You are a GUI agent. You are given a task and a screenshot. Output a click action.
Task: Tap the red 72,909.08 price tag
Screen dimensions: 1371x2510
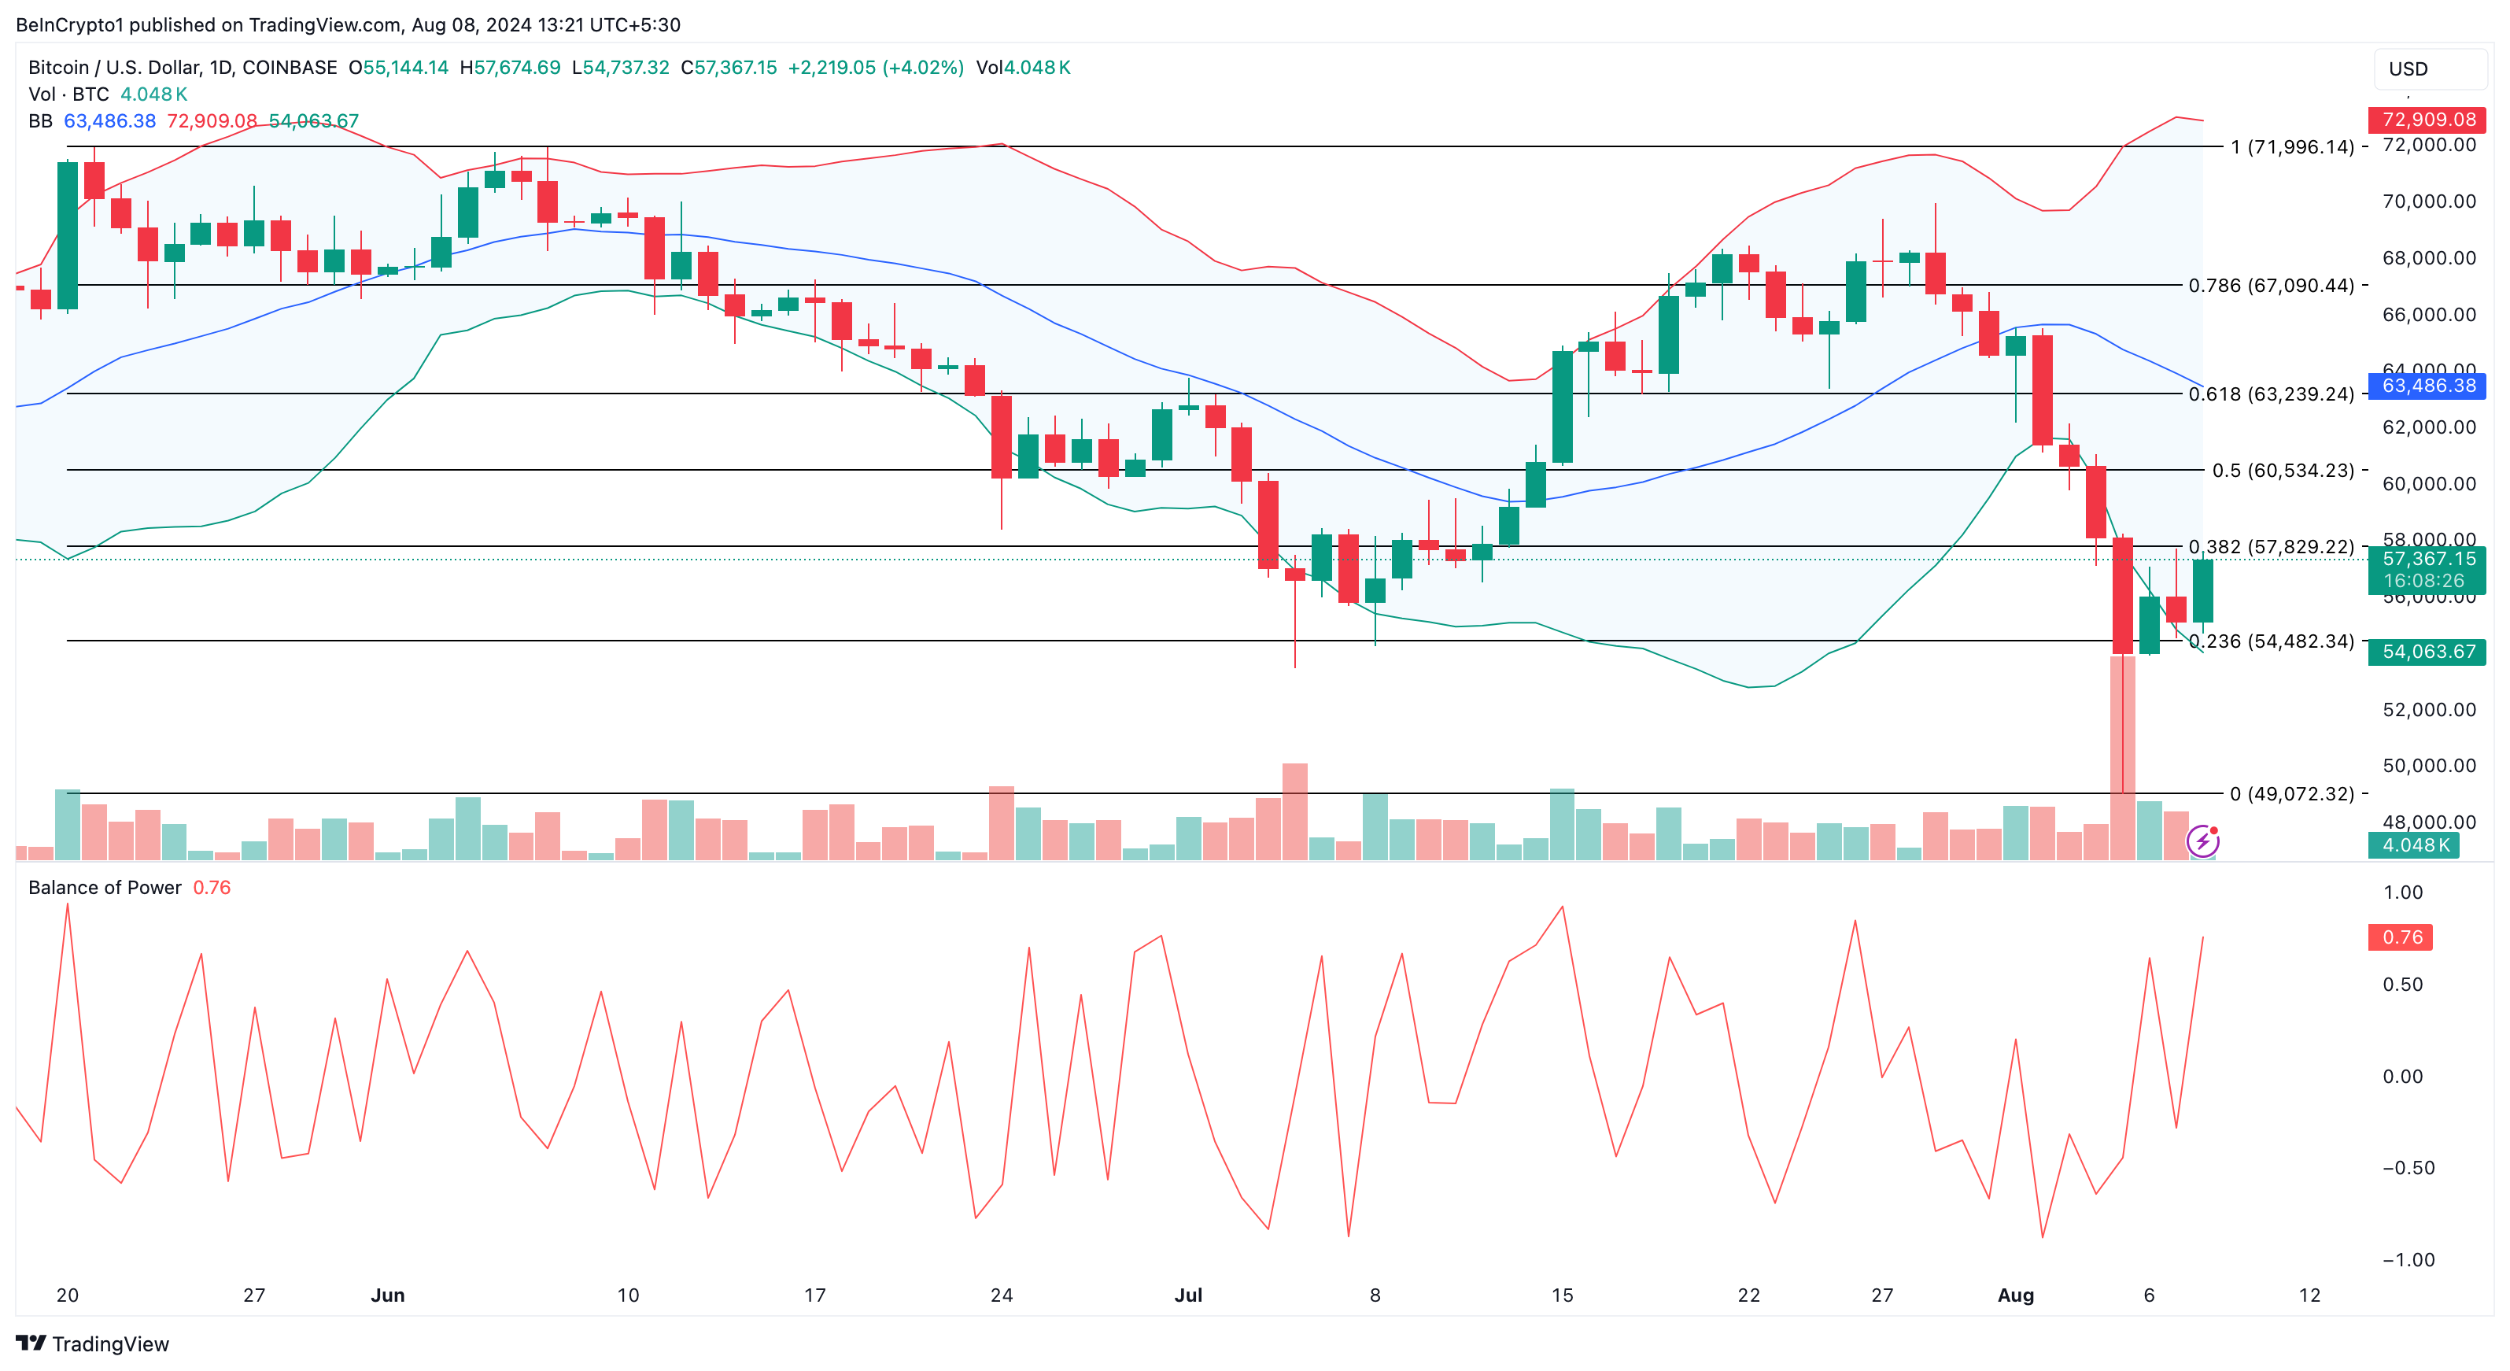2427,120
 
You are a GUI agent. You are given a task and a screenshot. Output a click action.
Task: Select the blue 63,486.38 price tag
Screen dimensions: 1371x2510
2427,386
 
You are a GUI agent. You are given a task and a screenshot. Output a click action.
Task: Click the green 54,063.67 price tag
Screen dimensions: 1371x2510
2427,651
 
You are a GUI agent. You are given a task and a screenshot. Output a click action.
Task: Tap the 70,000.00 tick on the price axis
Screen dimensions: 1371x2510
2428,201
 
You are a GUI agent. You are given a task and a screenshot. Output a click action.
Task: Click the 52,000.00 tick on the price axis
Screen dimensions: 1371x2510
2428,709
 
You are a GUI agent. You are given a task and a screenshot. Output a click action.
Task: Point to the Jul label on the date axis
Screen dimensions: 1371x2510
1188,1295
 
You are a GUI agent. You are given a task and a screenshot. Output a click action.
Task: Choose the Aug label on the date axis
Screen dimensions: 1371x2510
2015,1295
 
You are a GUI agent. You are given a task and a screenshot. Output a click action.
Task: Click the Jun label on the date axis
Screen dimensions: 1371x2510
388,1295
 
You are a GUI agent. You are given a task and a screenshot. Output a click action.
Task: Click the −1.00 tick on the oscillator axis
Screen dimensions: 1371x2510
2408,1260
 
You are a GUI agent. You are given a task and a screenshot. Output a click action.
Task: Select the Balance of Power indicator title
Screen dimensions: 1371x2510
105,888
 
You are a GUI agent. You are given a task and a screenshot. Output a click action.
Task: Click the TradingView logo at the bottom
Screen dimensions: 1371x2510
93,1343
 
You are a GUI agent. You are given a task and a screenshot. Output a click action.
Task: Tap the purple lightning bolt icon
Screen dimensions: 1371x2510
2202,840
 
